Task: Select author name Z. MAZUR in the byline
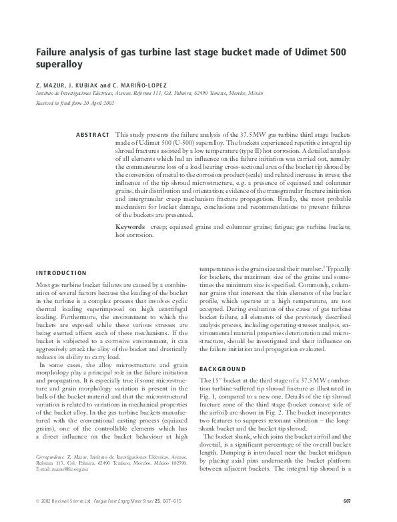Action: (51, 86)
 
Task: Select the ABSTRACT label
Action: (93, 135)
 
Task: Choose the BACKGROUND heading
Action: (223, 368)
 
